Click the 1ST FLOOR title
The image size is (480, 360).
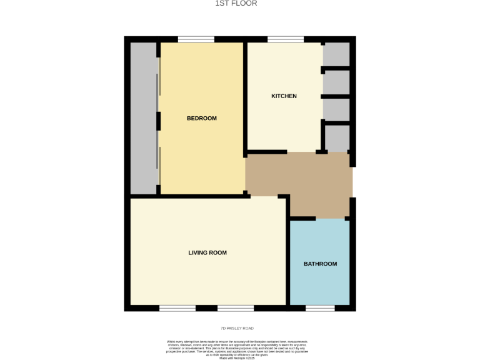coord(236,4)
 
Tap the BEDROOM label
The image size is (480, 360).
coord(202,118)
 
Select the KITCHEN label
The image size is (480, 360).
coord(284,96)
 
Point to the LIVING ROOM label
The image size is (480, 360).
coord(207,253)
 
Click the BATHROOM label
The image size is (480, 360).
coord(320,264)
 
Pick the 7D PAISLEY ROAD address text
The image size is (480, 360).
coord(237,328)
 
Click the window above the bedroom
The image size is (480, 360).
coord(196,39)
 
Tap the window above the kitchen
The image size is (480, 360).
coord(286,39)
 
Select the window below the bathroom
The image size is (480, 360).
coord(320,308)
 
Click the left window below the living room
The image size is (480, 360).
coord(177,308)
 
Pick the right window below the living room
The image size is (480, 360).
coord(236,308)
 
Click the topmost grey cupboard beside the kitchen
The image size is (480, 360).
coord(336,54)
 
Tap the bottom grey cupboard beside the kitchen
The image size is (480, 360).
coord(337,139)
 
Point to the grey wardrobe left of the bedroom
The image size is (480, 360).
coord(143,118)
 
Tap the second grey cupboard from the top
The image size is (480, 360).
coord(336,82)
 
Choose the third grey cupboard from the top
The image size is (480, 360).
coord(336,109)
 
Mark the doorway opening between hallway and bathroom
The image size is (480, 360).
coord(332,218)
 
